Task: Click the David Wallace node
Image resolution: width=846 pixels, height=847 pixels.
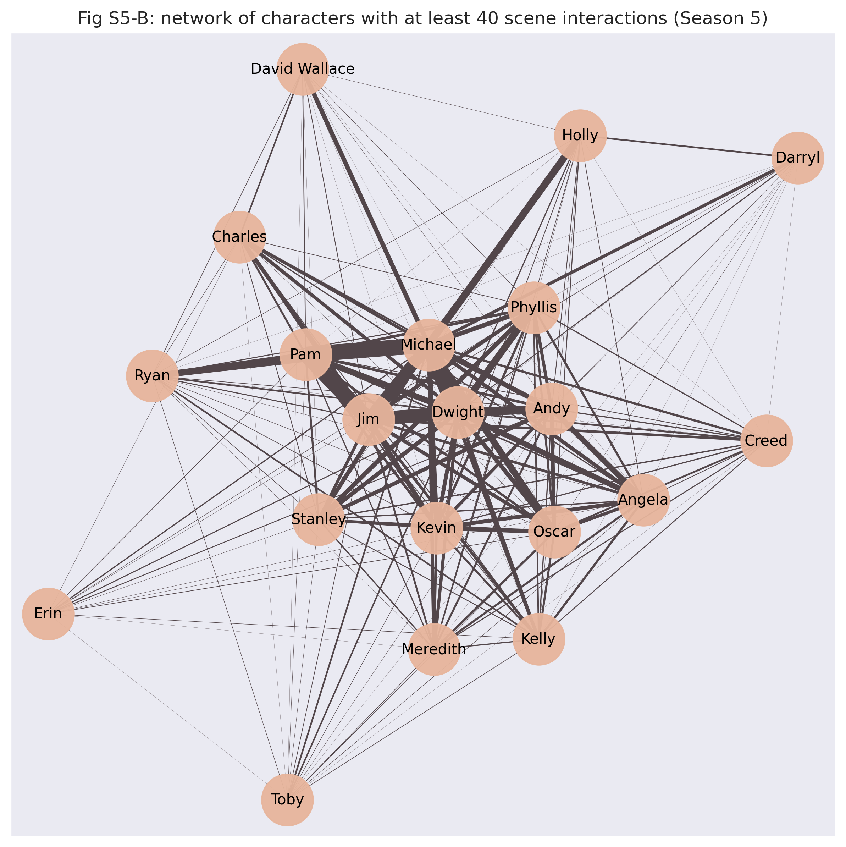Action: [303, 69]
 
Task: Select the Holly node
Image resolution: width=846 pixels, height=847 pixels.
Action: [580, 136]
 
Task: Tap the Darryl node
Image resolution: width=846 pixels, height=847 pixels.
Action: [797, 158]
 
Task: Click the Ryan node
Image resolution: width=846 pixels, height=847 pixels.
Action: [152, 376]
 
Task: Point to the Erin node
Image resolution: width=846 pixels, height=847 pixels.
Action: [48, 614]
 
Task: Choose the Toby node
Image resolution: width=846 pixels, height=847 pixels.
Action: [287, 800]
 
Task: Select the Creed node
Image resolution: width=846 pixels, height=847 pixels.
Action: [766, 441]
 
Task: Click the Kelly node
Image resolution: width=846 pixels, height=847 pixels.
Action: [539, 639]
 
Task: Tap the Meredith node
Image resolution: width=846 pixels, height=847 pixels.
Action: [434, 649]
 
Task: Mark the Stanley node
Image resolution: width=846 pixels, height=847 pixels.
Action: [319, 519]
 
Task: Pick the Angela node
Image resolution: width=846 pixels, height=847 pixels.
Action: [643, 500]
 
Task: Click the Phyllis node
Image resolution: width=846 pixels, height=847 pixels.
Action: [533, 308]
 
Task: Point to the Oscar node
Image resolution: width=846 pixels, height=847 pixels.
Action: [554, 532]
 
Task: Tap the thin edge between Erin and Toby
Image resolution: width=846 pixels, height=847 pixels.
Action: [167, 706]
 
